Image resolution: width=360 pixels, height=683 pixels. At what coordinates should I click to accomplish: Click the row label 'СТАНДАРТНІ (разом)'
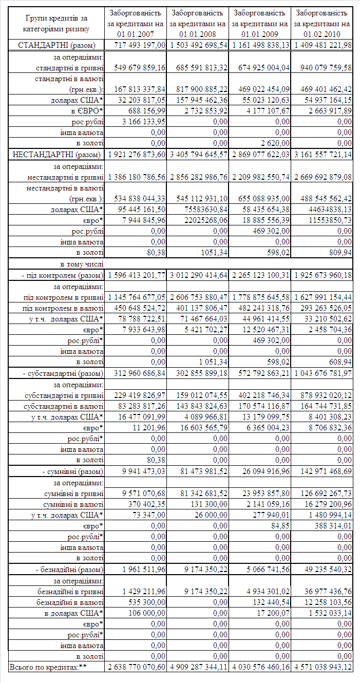click(61, 45)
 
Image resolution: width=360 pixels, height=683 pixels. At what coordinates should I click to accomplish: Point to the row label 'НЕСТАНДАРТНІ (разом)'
click(58, 154)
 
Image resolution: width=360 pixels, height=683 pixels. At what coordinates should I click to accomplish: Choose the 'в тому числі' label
click(82, 264)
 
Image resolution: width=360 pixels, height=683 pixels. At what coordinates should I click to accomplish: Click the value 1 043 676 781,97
click(323, 373)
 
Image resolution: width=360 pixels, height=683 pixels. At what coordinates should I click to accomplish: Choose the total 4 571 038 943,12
click(323, 667)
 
